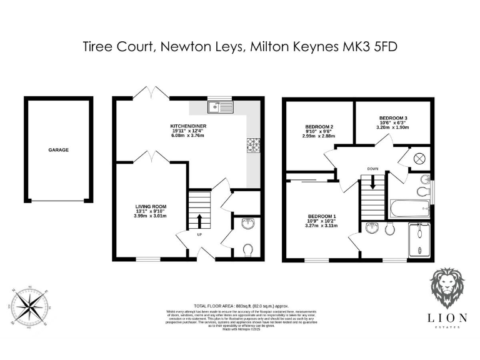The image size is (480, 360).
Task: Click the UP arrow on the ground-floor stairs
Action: (199, 221)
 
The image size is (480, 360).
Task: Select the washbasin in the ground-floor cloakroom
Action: (247, 223)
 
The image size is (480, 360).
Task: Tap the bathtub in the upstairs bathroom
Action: (409, 207)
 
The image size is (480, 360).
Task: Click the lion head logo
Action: (447, 291)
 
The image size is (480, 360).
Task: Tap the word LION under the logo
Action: (447, 317)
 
